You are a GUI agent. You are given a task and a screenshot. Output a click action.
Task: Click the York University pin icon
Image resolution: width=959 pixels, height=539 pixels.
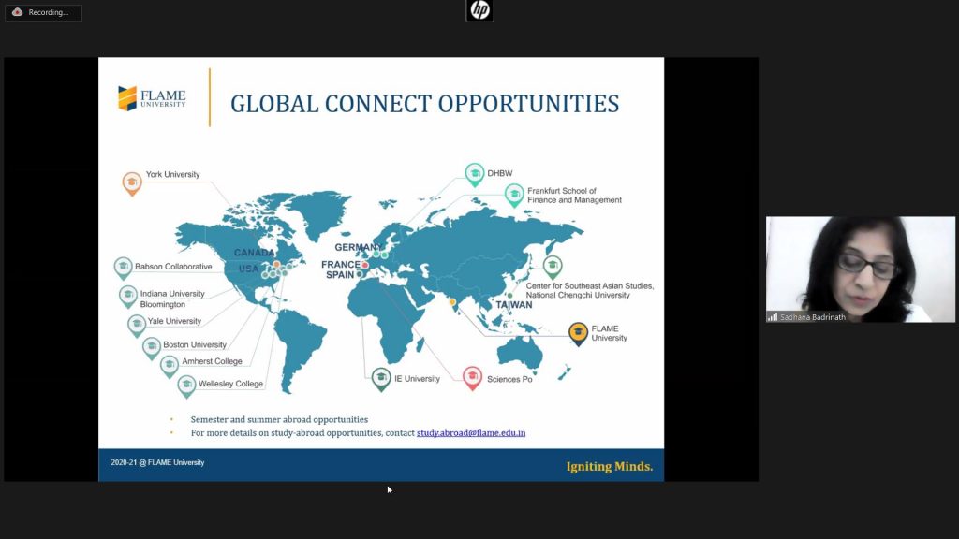tap(131, 183)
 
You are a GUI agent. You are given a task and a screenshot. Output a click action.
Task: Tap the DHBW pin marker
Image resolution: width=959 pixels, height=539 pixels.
tap(475, 175)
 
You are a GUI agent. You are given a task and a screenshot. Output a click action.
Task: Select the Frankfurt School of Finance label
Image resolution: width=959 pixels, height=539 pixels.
tap(574, 196)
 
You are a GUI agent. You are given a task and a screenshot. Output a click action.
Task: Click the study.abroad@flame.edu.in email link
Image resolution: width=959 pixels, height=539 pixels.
tap(471, 432)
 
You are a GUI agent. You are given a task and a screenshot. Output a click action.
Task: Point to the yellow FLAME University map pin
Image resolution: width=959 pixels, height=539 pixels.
tap(578, 334)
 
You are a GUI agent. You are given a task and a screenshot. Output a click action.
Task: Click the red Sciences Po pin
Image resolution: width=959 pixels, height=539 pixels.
tap(472, 378)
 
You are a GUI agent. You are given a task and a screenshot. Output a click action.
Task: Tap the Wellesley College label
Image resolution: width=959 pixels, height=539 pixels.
tap(230, 384)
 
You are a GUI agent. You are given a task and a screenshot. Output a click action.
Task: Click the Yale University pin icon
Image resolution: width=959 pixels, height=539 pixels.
tap(137, 325)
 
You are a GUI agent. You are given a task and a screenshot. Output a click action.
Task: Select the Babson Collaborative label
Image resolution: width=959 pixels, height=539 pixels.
tap(173, 267)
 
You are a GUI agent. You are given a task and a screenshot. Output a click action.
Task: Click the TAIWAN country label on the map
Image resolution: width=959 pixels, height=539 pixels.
tap(514, 305)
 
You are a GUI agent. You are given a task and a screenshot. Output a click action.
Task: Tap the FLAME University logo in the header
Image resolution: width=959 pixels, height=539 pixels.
tap(152, 98)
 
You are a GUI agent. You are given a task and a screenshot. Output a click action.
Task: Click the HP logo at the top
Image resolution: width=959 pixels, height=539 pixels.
tap(479, 10)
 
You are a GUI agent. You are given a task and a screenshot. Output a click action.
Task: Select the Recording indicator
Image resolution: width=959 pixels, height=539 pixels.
tap(43, 12)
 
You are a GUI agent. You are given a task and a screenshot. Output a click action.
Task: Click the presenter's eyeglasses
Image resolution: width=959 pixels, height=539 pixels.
tap(867, 266)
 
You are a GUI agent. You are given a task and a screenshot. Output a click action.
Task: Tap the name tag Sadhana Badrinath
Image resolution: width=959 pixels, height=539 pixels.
tap(813, 317)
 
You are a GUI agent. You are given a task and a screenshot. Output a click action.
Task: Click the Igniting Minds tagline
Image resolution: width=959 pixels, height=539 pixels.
tap(609, 466)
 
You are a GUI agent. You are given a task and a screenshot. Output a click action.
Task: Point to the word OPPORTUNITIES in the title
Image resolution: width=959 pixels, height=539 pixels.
tap(528, 104)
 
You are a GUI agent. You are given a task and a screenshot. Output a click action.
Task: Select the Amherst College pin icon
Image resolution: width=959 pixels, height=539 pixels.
tap(170, 366)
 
